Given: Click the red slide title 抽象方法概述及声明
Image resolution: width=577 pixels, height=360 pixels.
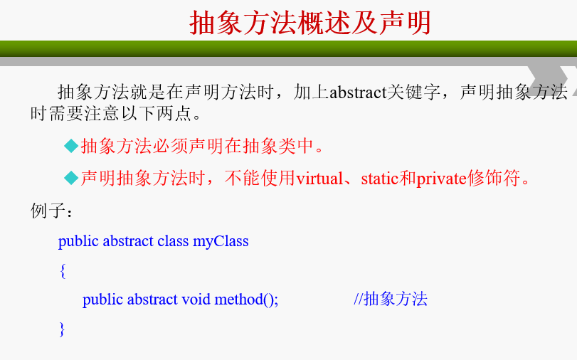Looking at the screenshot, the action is click(x=309, y=23).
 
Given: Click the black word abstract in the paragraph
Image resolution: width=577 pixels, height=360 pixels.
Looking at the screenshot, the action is click(x=358, y=92).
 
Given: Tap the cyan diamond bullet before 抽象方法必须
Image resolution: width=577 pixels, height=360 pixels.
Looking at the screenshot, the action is click(x=71, y=146).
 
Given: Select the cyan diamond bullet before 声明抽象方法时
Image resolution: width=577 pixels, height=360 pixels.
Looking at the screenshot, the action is click(x=71, y=178).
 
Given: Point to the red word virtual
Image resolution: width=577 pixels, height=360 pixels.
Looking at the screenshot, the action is click(x=319, y=179).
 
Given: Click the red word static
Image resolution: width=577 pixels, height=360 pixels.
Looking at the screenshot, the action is click(x=380, y=179).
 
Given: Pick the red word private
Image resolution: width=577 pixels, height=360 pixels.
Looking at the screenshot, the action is click(x=442, y=179).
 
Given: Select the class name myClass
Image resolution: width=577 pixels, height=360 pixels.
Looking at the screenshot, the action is click(x=221, y=242).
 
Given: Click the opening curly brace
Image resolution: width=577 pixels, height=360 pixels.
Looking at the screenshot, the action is click(x=63, y=271).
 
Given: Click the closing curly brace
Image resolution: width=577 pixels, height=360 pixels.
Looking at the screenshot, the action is click(x=62, y=329).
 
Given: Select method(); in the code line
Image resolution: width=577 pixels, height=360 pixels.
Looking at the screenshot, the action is click(x=246, y=300).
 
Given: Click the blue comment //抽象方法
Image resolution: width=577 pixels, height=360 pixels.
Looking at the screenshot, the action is click(x=391, y=299).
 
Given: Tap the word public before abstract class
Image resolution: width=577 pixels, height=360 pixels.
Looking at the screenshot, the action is click(x=78, y=242).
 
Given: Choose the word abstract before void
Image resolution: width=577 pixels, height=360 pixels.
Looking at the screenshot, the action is click(x=152, y=300).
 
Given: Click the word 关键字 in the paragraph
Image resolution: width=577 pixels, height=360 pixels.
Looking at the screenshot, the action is click(x=413, y=92).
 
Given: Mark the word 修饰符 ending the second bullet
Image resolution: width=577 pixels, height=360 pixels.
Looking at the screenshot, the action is click(x=494, y=179).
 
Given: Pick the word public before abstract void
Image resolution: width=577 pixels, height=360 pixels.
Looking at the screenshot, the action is click(x=102, y=300).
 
